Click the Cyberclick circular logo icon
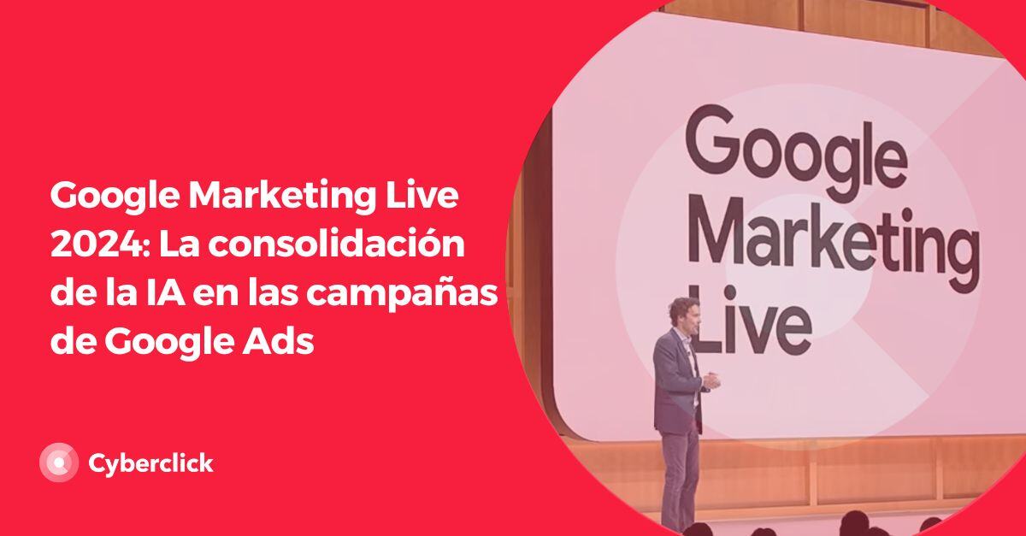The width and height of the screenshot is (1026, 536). click(59, 463)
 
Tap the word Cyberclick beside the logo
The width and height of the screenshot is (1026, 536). click(150, 463)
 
